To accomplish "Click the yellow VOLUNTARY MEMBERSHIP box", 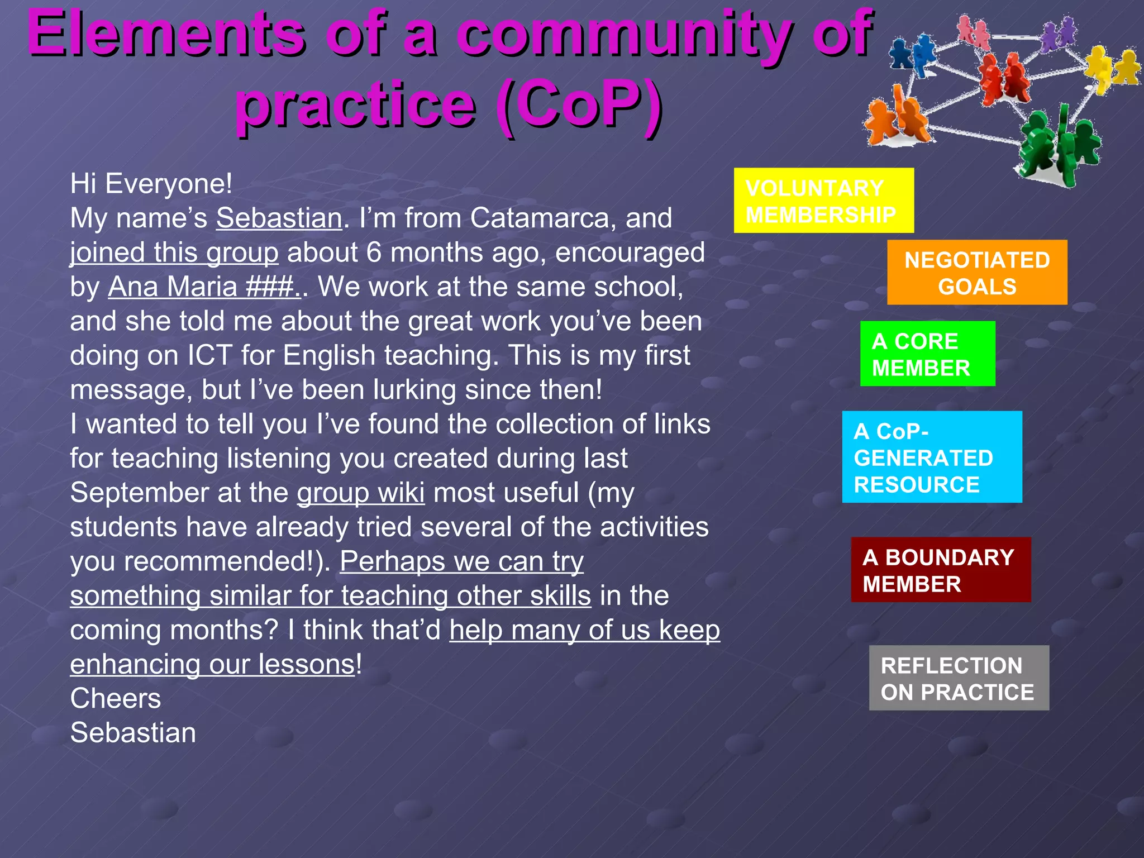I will click(823, 201).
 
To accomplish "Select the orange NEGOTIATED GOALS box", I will click(976, 273).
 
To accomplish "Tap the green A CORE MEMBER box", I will click(927, 354).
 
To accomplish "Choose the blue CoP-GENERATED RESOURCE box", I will click(932, 457).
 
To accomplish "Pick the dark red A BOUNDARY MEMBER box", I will click(940, 570).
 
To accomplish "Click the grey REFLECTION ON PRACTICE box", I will click(959, 678).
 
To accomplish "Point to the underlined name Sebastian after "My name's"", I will click(279, 218).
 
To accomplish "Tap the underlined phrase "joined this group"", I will click(174, 252).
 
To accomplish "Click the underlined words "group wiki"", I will click(360, 493).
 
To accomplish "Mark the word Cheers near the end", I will click(116, 699).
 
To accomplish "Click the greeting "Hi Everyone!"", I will click(151, 184).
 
